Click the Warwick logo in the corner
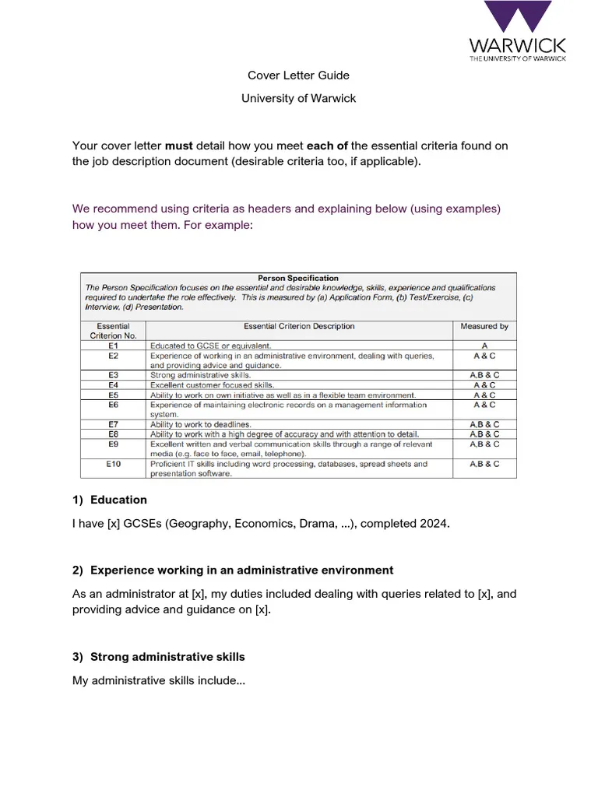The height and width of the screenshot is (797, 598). click(x=517, y=31)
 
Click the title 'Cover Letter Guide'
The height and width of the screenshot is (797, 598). click(x=298, y=75)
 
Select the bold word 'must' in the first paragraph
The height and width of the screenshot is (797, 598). click(x=179, y=146)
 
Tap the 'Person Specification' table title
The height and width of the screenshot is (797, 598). click(x=298, y=278)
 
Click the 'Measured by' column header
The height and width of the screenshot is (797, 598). click(x=484, y=326)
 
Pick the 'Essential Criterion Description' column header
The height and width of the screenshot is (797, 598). click(x=299, y=326)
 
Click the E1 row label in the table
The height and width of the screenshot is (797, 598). click(x=113, y=346)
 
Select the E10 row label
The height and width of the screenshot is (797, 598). click(x=114, y=464)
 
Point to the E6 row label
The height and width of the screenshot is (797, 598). click(x=113, y=405)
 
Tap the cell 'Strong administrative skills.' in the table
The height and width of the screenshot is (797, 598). click(x=200, y=375)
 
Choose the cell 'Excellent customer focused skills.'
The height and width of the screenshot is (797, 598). click(x=212, y=384)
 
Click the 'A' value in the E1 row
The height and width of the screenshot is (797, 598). click(x=484, y=346)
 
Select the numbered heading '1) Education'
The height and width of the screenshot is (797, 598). click(x=110, y=500)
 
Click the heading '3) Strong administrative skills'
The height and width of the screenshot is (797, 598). click(x=159, y=657)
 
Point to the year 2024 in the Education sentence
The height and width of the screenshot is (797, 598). click(x=434, y=524)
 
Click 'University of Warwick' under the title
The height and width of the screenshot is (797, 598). click(x=298, y=98)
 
